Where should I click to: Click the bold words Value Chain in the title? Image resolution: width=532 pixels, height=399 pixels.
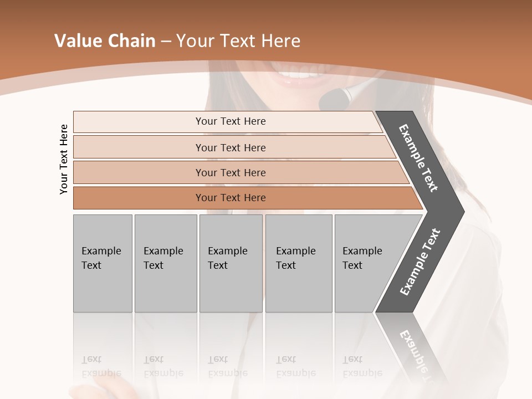click(x=105, y=41)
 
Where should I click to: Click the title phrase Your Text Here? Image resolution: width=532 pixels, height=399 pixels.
click(x=238, y=41)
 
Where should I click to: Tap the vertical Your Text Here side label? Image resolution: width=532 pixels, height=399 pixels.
click(x=64, y=159)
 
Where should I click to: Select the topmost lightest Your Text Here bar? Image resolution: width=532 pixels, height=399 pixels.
click(x=230, y=121)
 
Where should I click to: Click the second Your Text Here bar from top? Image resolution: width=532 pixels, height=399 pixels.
click(x=230, y=147)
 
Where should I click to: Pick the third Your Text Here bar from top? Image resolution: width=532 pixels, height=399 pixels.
click(x=230, y=172)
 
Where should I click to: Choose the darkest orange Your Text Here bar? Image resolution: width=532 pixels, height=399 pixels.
click(x=230, y=198)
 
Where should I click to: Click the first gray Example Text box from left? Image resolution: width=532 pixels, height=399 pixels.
click(x=103, y=263)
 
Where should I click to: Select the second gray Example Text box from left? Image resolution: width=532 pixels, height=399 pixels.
click(x=165, y=263)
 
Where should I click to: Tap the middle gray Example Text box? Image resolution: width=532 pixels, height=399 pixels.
click(x=231, y=263)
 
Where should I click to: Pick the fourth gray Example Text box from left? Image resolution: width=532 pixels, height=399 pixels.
click(x=299, y=263)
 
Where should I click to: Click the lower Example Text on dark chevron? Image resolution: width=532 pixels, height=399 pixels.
click(x=420, y=262)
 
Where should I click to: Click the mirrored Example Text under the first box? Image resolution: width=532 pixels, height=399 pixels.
click(x=101, y=366)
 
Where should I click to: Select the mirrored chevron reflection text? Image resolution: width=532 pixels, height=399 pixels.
click(x=416, y=355)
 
